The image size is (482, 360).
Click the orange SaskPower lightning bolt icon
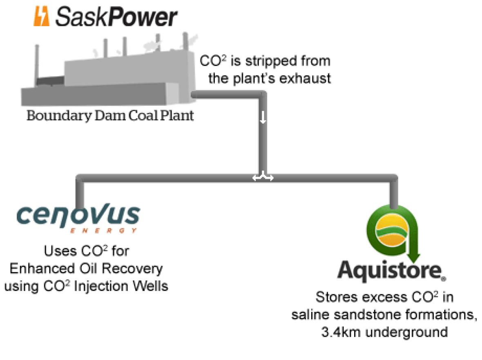[41, 17]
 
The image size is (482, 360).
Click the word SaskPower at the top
[116, 18]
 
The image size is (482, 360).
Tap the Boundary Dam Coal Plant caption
[110, 116]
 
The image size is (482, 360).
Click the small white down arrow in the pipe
[263, 117]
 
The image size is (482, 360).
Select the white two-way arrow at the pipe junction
[263, 178]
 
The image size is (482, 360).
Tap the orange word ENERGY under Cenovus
[103, 231]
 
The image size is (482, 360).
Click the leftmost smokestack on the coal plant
[38, 61]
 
